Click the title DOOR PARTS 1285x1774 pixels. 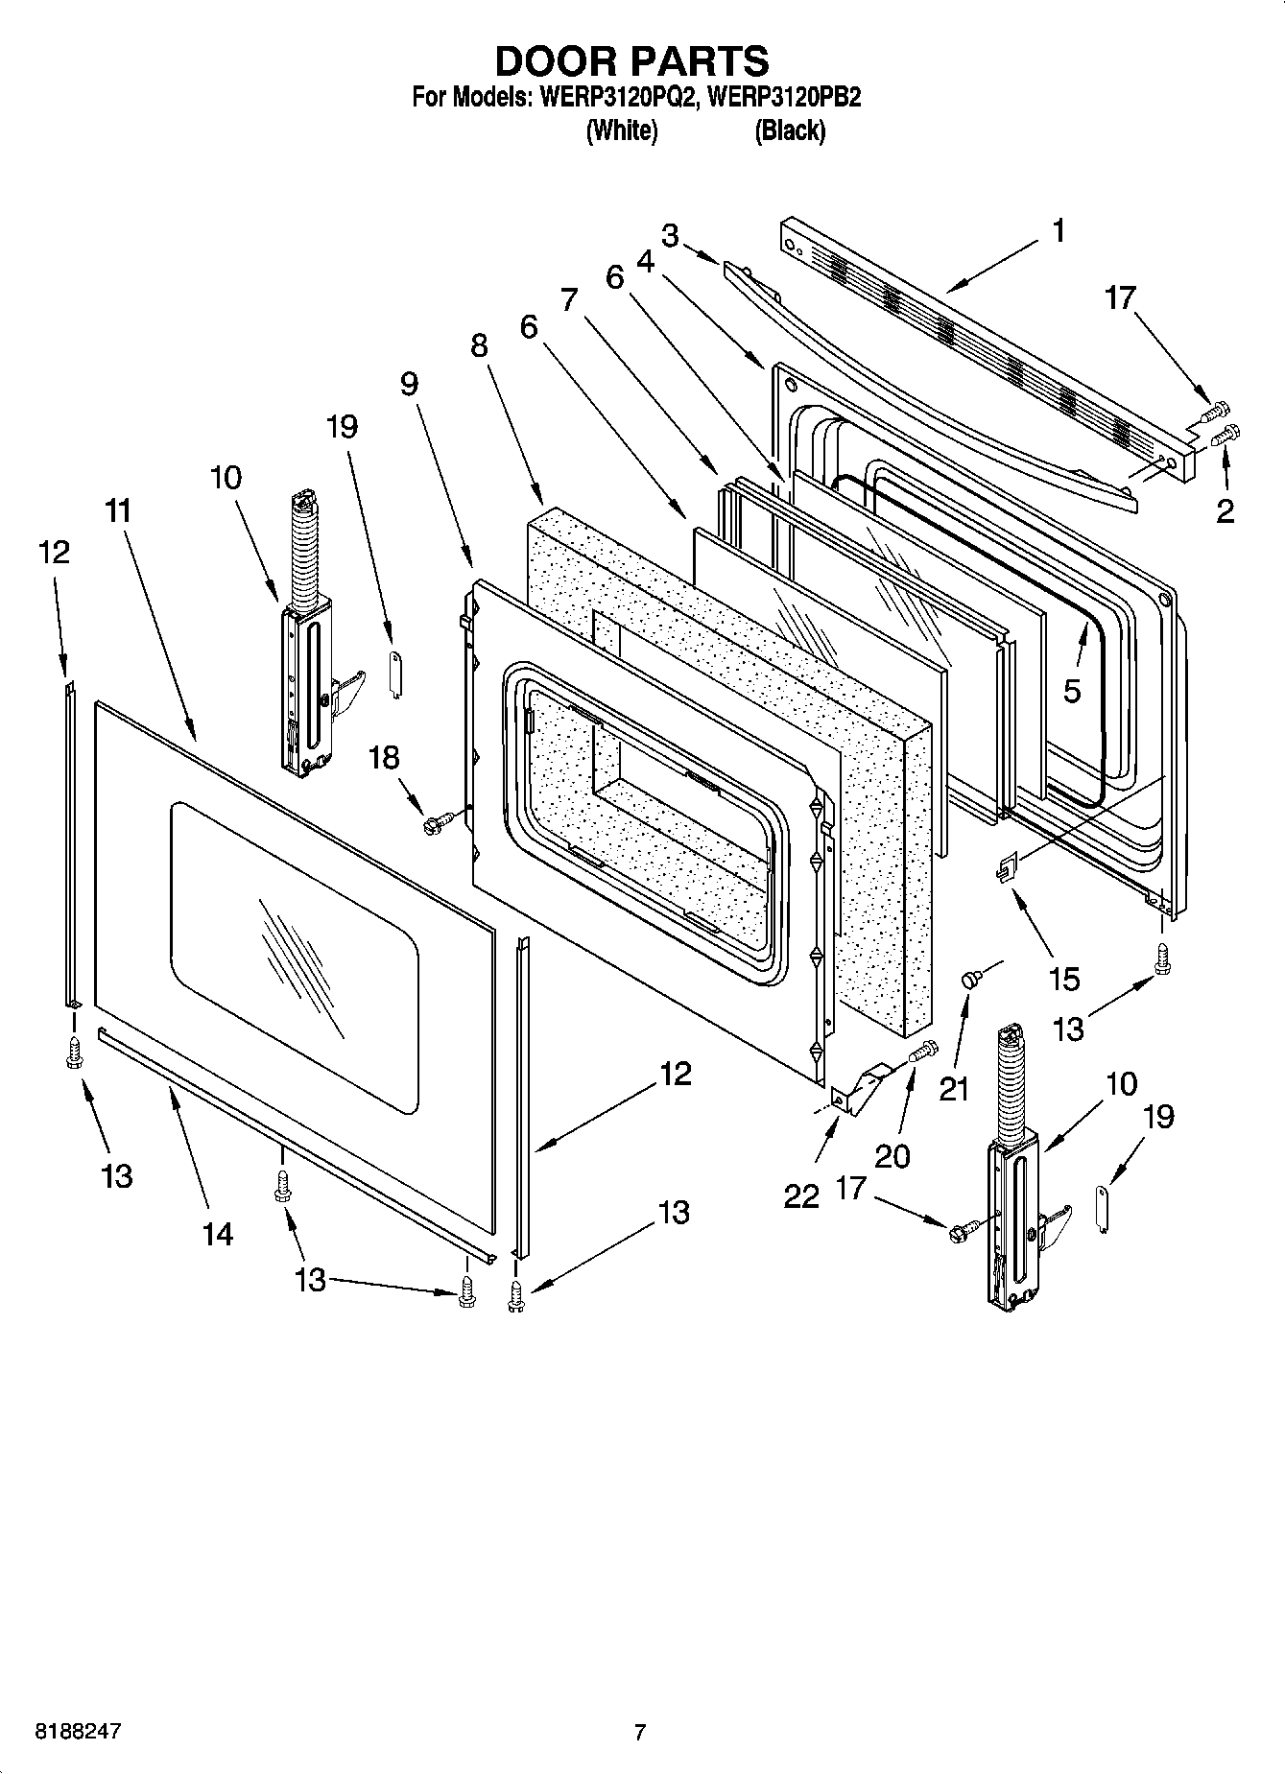(x=631, y=60)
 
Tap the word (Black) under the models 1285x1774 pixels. (x=789, y=130)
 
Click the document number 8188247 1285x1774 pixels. (x=78, y=1732)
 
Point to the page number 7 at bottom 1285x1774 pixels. (x=639, y=1733)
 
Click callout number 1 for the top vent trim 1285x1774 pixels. (x=1058, y=231)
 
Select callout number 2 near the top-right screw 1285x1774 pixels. (x=1225, y=510)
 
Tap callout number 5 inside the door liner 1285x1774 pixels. (x=1072, y=690)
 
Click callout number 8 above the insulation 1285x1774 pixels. (x=479, y=345)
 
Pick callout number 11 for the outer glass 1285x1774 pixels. (x=118, y=511)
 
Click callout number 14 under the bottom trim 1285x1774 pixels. (x=218, y=1233)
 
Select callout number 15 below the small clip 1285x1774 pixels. (x=1064, y=979)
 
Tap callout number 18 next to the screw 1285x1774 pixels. (x=384, y=758)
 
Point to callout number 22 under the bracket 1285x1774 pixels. (x=801, y=1195)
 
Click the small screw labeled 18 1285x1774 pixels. (x=435, y=822)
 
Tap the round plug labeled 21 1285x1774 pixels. (x=970, y=979)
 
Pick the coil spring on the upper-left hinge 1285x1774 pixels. (x=302, y=552)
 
